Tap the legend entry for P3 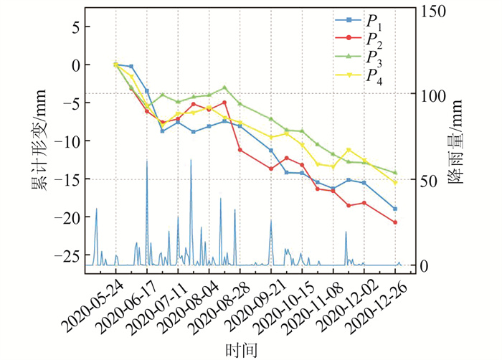point(373,57)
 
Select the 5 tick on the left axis point(75,27)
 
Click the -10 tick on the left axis point(67,141)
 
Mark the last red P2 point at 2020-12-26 point(395,222)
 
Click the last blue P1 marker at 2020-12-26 point(395,209)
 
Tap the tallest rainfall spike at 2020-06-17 point(147,162)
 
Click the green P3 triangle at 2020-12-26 point(395,173)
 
